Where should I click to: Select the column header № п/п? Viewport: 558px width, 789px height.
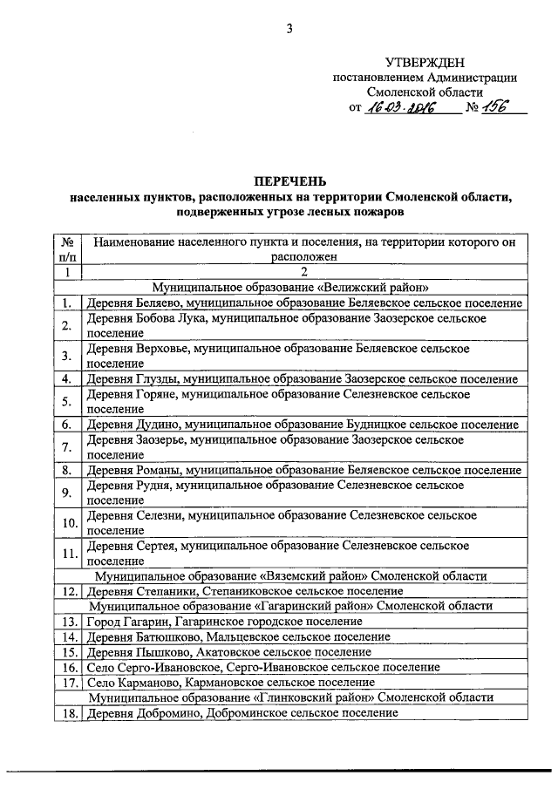pyautogui.click(x=67, y=249)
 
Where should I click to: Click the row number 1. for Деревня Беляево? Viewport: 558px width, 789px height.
pyautogui.click(x=67, y=303)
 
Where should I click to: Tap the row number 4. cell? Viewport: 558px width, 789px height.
pyautogui.click(x=67, y=378)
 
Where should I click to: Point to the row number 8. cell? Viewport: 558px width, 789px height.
pyautogui.click(x=67, y=471)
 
